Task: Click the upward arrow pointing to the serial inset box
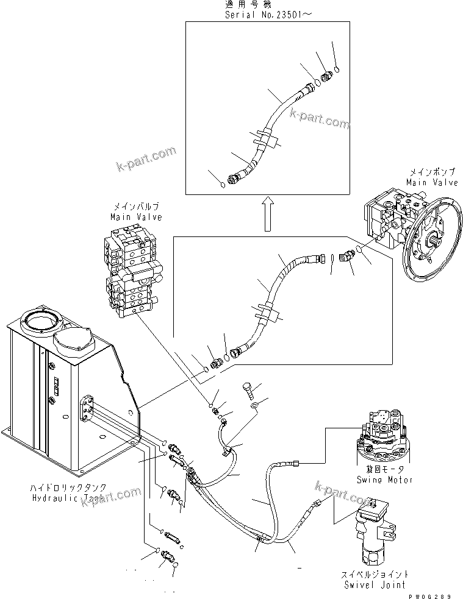coord(267,216)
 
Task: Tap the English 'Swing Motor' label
coord(384,480)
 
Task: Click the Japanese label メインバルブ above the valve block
coord(136,208)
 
